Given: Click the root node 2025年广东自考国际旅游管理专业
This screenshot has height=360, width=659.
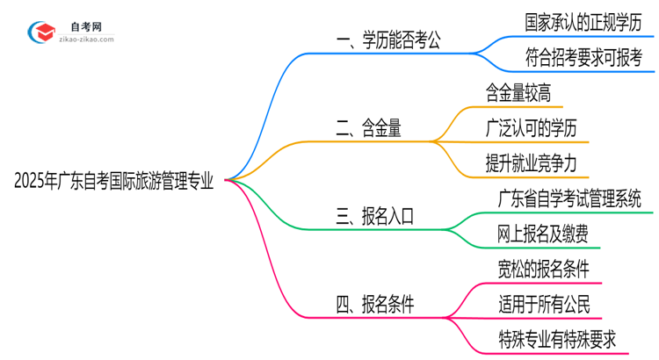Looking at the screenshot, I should point(114,181).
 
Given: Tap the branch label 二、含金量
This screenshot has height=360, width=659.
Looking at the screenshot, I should point(369,128).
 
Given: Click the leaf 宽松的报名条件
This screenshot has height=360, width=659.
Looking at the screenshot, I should point(536,267).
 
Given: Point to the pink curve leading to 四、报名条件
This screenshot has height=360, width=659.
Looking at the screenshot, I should point(272,272).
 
